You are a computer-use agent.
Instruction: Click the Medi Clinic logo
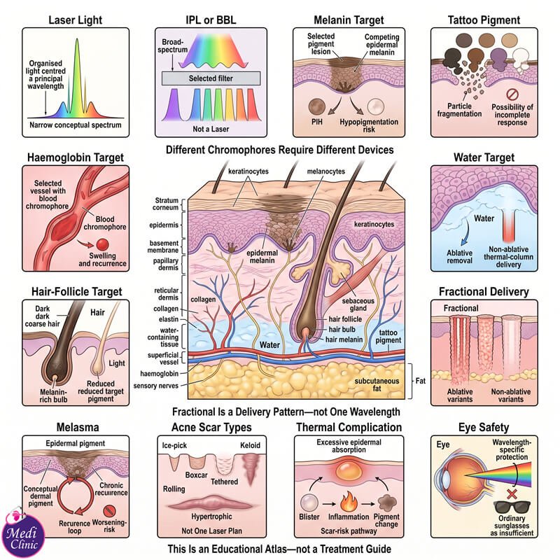point(23,533)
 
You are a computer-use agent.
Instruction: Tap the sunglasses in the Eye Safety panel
point(512,507)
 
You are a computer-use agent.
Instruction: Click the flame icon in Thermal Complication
point(349,501)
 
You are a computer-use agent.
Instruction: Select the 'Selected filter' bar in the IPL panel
point(211,78)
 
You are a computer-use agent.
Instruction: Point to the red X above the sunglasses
point(512,494)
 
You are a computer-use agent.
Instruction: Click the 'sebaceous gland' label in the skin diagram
point(358,304)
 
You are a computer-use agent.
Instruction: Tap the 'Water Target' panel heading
point(484,157)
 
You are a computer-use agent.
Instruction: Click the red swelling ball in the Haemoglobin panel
point(102,244)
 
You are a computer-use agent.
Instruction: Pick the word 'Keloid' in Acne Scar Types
point(250,445)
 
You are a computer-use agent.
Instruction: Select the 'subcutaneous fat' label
point(377,384)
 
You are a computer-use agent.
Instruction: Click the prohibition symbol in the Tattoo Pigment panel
point(512,94)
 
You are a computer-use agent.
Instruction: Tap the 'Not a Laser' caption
point(211,129)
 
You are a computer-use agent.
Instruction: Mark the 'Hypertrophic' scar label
point(211,517)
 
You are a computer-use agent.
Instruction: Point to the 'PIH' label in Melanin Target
point(317,122)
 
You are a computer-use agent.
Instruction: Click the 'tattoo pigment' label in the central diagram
point(388,337)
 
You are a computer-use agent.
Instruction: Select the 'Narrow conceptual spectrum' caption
point(76,125)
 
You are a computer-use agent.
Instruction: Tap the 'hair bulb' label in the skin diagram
point(342,329)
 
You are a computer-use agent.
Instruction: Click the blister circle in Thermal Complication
point(309,503)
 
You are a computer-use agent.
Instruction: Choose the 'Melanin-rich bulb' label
point(54,395)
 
